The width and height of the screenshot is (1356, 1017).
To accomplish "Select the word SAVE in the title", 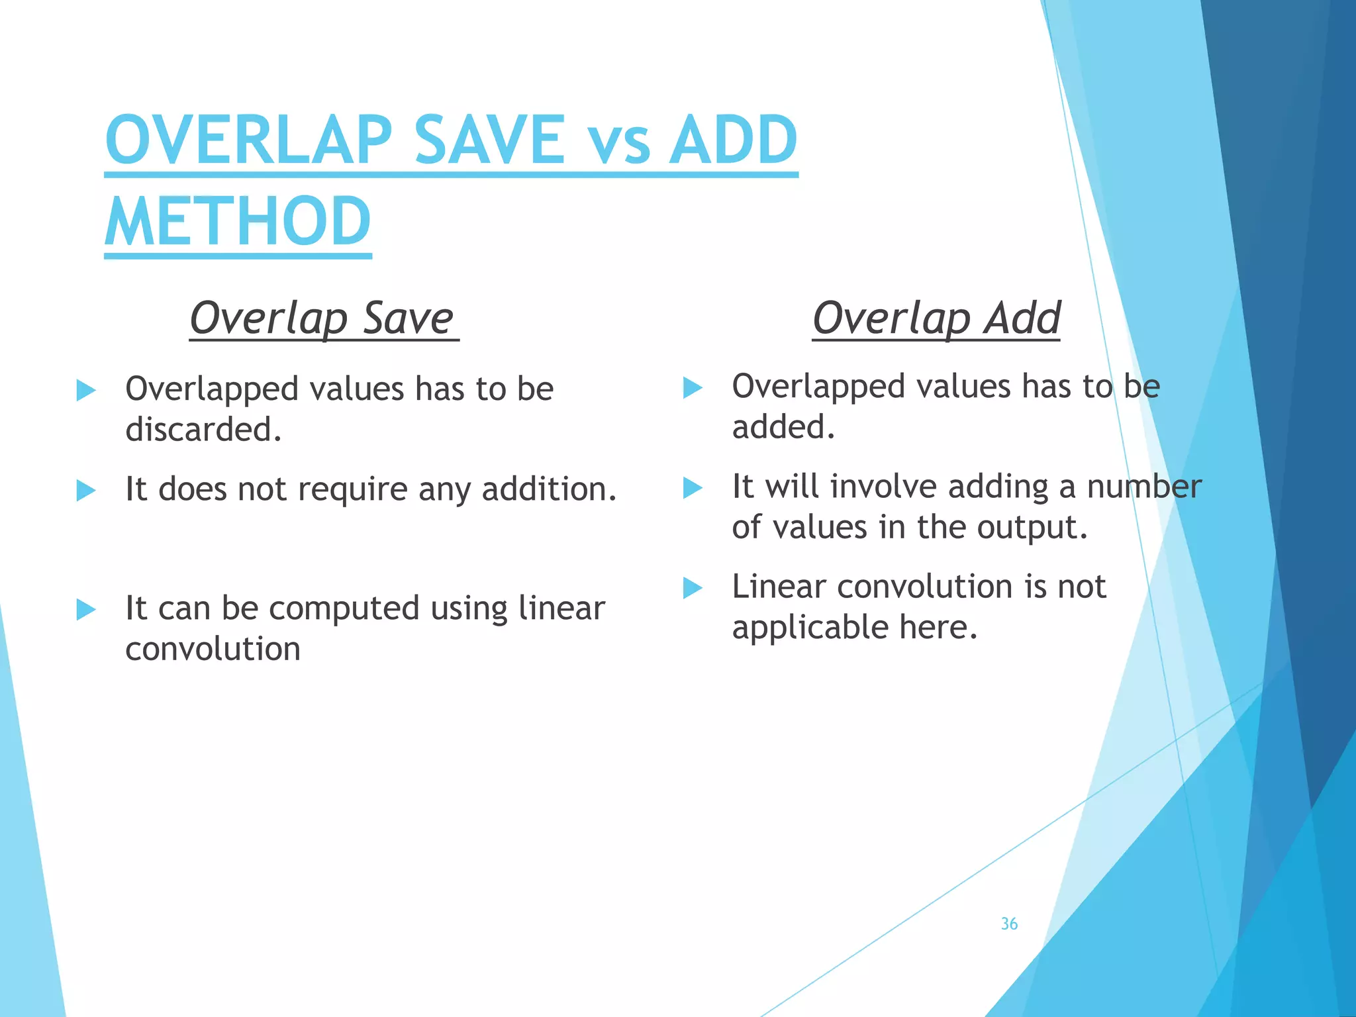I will tap(489, 140).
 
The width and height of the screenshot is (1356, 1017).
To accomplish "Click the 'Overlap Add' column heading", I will tap(936, 318).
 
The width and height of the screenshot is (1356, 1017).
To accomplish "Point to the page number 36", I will tap(1009, 924).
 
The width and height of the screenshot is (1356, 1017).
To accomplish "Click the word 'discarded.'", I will tap(203, 430).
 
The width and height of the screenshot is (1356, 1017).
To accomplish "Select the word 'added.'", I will tap(783, 427).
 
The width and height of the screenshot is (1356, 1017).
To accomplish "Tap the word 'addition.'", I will tap(549, 490).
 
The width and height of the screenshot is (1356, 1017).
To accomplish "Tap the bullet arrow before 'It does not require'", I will tap(86, 491).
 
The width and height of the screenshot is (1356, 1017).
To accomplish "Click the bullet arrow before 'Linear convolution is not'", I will tap(692, 587).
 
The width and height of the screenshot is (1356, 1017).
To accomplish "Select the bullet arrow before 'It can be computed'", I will tap(86, 609).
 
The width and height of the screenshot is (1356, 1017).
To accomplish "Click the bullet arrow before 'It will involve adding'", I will tap(692, 488).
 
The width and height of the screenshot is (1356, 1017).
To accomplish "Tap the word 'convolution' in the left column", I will tap(213, 650).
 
